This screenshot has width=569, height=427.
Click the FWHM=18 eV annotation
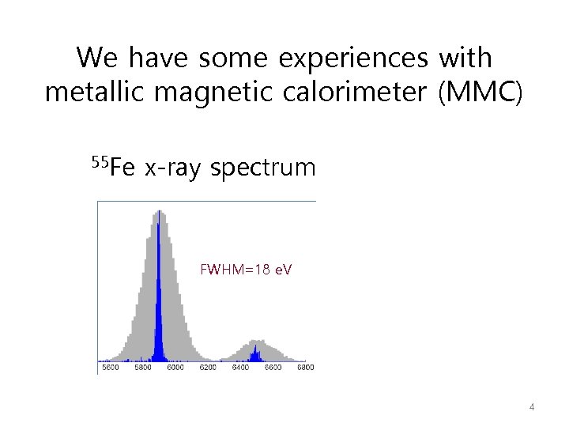pos(246,270)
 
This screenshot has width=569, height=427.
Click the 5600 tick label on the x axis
pos(111,367)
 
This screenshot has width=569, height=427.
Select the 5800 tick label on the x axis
pos(143,367)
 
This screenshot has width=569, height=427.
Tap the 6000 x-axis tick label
pos(175,367)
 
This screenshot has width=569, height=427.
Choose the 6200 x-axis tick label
pos(208,367)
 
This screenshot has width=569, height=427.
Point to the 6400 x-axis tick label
pos(240,367)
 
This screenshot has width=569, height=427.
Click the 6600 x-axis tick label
pos(273,367)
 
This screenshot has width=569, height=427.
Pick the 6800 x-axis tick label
pos(304,367)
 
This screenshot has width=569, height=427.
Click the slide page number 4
pos(532,407)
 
